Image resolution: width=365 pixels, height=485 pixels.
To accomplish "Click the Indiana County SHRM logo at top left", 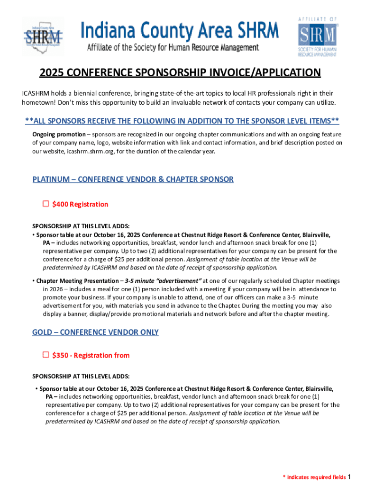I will [x=43, y=36].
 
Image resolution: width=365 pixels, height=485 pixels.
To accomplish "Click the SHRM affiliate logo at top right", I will [x=317, y=37].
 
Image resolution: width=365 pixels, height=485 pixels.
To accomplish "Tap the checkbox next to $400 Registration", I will [x=46, y=204].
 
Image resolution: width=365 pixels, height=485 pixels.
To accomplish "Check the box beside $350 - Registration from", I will [x=46, y=355].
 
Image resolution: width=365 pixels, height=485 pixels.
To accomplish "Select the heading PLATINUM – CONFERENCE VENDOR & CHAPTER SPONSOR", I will [x=133, y=180].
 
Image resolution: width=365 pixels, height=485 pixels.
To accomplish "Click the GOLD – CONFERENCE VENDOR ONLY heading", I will [x=95, y=332].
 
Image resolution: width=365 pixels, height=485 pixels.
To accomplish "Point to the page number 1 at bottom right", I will [x=349, y=476].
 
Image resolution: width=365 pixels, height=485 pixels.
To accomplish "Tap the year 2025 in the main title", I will [x=51, y=73].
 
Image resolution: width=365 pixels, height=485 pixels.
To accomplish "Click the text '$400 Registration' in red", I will [x=80, y=204].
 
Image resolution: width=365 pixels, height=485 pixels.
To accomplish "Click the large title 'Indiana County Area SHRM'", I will [x=180, y=31].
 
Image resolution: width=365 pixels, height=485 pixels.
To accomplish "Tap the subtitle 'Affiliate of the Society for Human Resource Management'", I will [x=173, y=47].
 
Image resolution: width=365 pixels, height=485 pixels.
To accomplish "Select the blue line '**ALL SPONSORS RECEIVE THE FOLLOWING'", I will [x=182, y=120].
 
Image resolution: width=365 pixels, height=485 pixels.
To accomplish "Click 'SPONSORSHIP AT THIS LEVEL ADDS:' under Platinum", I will [x=81, y=226].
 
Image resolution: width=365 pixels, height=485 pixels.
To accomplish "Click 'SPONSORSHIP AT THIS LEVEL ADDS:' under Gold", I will [x=81, y=377].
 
